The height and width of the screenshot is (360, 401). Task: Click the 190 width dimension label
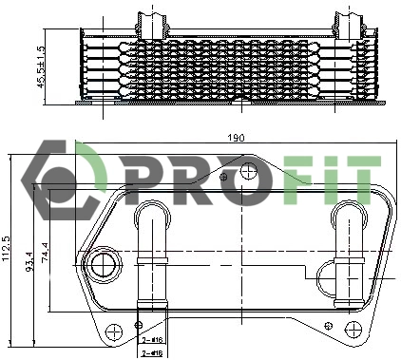pos(235,139)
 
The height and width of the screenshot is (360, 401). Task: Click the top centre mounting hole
pos(248,173)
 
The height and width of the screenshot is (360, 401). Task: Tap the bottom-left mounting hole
pos(114,332)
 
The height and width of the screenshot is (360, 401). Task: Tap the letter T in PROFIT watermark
pos(359,180)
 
